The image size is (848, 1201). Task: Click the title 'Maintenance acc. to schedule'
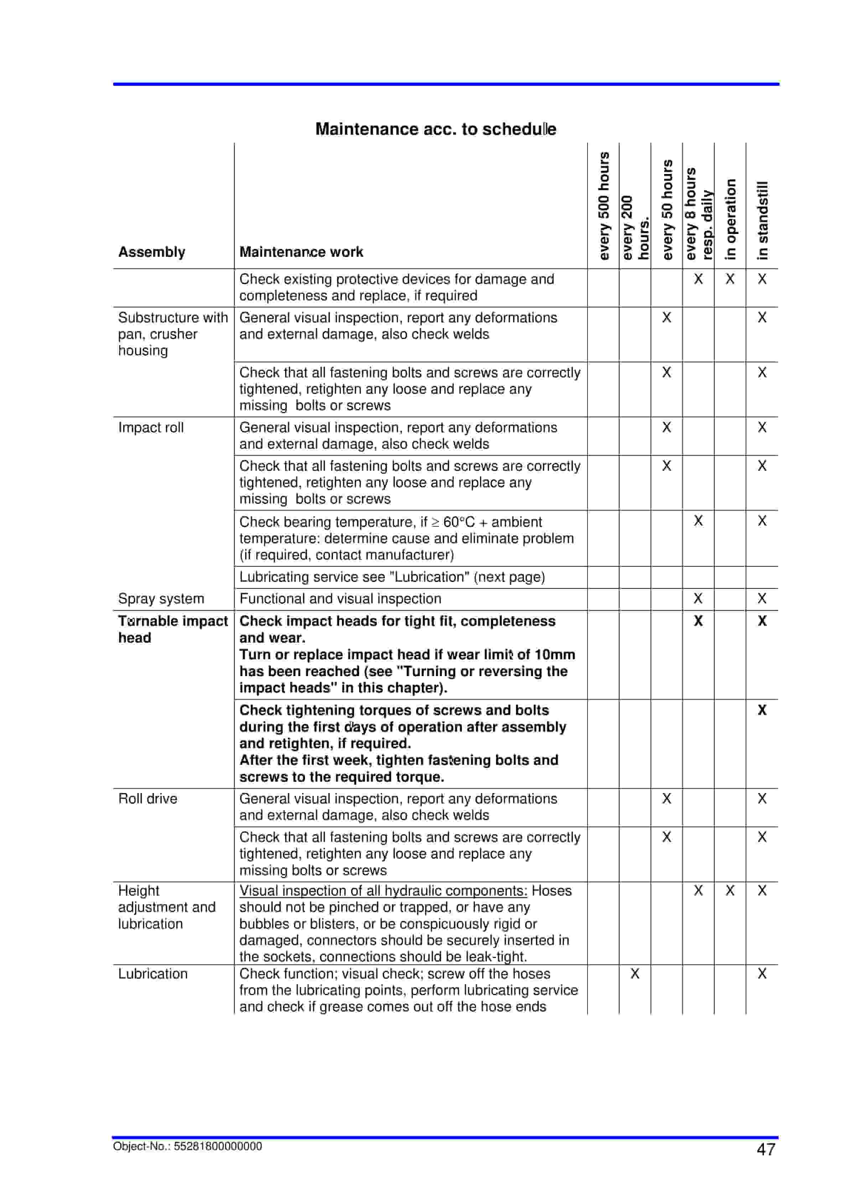coord(435,129)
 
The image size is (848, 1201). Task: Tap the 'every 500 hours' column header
coord(604,205)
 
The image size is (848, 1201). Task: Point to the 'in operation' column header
coord(730,219)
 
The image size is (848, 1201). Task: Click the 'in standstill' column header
coord(762,220)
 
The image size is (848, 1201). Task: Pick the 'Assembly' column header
coord(152,252)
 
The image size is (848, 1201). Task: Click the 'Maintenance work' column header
coord(301,252)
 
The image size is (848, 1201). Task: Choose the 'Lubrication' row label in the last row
coord(152,973)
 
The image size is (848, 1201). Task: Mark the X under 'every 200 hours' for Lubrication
coord(635,973)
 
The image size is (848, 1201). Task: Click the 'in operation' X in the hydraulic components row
coord(730,890)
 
